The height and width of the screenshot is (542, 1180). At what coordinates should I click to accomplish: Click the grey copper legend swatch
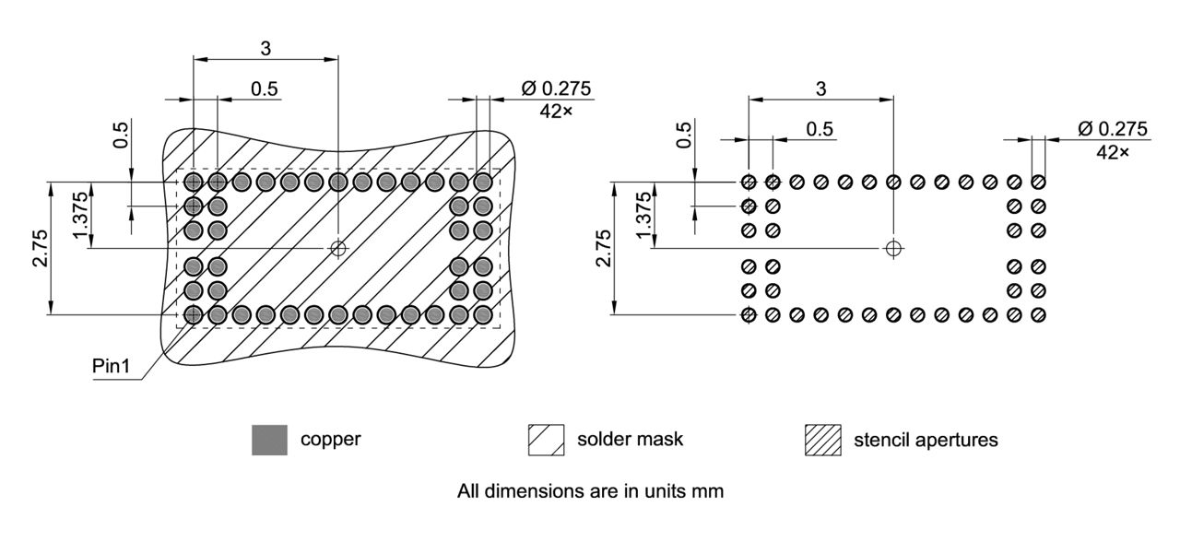point(269,440)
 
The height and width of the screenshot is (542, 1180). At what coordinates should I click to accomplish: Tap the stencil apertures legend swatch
point(823,440)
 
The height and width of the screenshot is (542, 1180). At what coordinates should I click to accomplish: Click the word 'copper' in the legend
point(330,440)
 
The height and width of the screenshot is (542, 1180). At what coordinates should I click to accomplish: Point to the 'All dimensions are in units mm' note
point(590,491)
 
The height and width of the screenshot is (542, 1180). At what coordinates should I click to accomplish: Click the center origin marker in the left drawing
point(338,248)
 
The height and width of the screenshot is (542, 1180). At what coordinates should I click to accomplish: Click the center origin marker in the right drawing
point(892,248)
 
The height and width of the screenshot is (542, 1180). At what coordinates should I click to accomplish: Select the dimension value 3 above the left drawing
point(265,46)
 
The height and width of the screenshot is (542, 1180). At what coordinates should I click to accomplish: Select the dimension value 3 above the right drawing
point(820,88)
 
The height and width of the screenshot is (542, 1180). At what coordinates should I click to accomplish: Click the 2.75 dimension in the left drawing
point(39,249)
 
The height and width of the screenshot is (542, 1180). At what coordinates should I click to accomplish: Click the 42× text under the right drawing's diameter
point(1112,151)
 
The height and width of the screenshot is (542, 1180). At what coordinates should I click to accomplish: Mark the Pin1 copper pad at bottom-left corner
point(194,315)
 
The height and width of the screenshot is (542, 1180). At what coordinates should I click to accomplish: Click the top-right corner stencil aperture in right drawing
point(1038,182)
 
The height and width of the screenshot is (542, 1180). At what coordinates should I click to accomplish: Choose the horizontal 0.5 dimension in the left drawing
point(265,88)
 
